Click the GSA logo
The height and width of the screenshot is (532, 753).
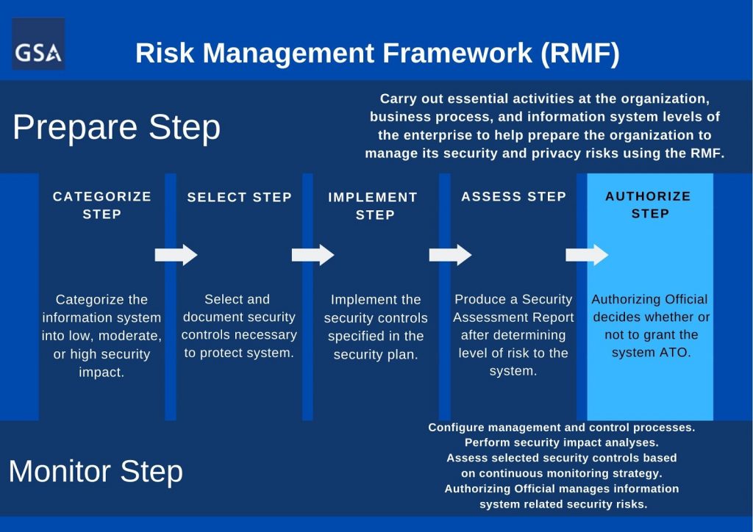(x=38, y=44)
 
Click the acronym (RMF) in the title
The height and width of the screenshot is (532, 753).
(x=580, y=53)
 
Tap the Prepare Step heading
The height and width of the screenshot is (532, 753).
(x=117, y=128)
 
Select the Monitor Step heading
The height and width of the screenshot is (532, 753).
(x=96, y=472)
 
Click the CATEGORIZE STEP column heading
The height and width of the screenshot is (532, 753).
(x=101, y=205)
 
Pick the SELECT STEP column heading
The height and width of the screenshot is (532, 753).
(x=240, y=197)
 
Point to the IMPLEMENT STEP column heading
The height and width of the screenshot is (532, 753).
(x=373, y=206)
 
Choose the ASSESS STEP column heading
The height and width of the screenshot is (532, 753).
(x=514, y=197)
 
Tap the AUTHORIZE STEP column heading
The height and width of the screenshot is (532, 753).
(x=649, y=205)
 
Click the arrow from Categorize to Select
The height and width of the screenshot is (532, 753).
(x=176, y=255)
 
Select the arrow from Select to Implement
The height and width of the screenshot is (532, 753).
(x=313, y=255)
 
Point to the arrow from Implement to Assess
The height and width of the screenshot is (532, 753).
(x=451, y=255)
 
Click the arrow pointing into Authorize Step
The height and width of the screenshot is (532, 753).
(x=588, y=255)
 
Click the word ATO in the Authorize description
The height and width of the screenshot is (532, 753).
(x=677, y=353)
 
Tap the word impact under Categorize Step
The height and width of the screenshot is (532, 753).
(x=101, y=373)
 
